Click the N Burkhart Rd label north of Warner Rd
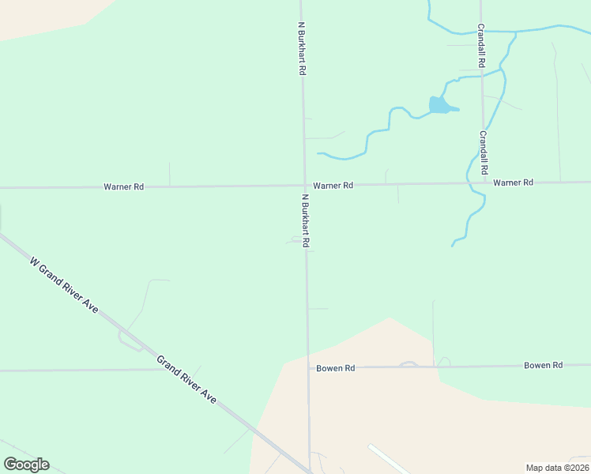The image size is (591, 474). pos(301,48)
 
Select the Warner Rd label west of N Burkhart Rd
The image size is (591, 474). pos(123,187)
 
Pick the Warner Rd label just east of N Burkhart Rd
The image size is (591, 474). pos(333,186)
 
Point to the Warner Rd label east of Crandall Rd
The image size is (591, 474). pos(514,182)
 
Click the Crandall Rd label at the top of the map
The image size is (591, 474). pos(480,44)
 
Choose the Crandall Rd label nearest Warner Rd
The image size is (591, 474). pos(484,152)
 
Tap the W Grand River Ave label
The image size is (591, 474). pos(63,284)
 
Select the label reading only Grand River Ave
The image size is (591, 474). pos(186,380)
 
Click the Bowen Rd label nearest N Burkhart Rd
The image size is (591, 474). pos(336,368)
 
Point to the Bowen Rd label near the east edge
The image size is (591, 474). pos(543,365)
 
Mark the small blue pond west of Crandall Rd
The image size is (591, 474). pos(440,105)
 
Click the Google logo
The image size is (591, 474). pos(26,465)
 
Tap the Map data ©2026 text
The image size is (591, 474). pos(558,468)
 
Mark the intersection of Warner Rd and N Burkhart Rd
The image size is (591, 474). pos(304,186)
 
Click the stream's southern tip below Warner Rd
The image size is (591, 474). pos(453,246)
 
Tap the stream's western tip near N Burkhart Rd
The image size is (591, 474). pos(318,153)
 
